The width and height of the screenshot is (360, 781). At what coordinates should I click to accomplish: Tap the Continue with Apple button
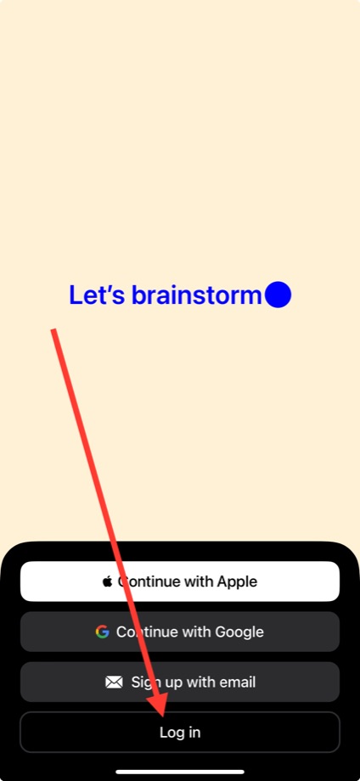(x=180, y=582)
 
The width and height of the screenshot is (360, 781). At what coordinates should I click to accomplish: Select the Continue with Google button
(x=180, y=632)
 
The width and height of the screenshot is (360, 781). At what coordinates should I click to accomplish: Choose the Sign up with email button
(x=180, y=682)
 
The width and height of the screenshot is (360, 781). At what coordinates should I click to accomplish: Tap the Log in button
(x=180, y=732)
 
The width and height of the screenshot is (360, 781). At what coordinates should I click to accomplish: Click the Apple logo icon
(x=107, y=581)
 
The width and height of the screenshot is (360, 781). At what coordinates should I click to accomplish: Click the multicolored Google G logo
(x=102, y=632)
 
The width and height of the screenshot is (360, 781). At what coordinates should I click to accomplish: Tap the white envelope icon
(x=114, y=682)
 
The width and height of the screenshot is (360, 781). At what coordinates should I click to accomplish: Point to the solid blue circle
(x=278, y=295)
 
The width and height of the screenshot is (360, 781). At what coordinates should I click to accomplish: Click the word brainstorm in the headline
(x=196, y=295)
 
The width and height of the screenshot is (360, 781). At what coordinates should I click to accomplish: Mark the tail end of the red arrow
(x=53, y=329)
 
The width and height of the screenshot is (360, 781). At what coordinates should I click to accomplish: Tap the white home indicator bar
(x=180, y=772)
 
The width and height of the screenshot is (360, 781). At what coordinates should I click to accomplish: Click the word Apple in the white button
(x=237, y=582)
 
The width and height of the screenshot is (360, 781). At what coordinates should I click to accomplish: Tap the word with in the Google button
(x=197, y=632)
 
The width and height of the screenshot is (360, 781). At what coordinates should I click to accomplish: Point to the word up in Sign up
(x=174, y=683)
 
